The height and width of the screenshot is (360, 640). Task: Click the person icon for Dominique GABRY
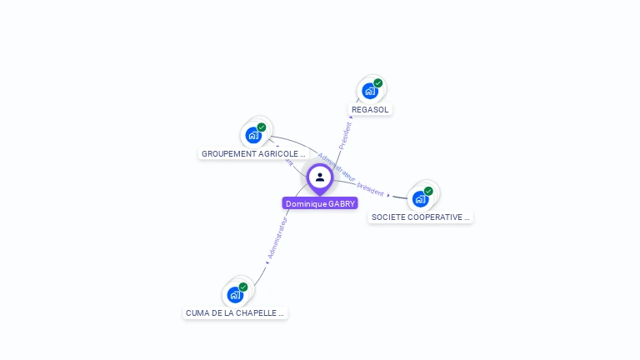[320, 177]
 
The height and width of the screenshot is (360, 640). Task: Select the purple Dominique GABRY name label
[320, 203]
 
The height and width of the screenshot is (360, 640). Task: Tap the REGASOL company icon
[370, 91]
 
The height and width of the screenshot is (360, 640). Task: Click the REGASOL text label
[370, 109]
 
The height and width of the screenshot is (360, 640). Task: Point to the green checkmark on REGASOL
[378, 83]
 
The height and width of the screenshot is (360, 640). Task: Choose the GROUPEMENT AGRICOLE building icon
[253, 135]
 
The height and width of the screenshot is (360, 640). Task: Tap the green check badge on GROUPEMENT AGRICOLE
[262, 127]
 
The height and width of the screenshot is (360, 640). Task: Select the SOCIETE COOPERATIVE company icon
[421, 198]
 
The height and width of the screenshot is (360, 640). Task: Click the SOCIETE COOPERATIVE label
[421, 217]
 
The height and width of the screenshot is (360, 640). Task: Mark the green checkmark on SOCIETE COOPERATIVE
[428, 191]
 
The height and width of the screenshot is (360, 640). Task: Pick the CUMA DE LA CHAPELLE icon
[235, 294]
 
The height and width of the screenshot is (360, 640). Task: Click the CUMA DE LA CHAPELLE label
[235, 313]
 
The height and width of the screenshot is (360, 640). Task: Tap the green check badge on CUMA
[243, 287]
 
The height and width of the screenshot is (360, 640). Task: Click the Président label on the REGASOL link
[346, 135]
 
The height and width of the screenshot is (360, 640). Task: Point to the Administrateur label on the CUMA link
[277, 238]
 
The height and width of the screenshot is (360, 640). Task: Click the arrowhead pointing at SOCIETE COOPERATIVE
[388, 195]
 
